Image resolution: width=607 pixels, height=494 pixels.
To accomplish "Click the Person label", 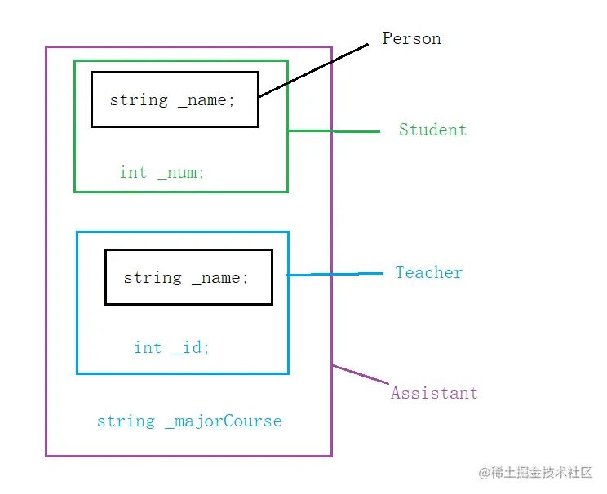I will click(412, 39).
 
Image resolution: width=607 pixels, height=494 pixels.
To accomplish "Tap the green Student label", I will click(432, 130).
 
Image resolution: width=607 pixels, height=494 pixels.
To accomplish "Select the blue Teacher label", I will click(428, 273).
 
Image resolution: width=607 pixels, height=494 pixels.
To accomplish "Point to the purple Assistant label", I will click(434, 393).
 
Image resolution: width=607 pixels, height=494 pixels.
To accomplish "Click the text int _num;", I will click(162, 173).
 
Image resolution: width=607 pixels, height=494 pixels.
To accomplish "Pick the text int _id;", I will click(171, 348).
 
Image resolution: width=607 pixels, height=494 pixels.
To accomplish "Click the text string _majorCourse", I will click(189, 421).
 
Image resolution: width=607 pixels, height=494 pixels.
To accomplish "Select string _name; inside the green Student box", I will click(172, 100).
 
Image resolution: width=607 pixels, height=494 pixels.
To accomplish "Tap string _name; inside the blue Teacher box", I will click(186, 278).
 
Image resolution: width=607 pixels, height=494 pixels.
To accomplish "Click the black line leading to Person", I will click(314, 71).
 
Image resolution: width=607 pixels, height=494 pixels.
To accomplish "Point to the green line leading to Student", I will click(335, 130).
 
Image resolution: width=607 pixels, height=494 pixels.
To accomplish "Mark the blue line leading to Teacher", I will click(335, 274).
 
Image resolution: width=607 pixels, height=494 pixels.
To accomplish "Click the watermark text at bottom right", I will click(535, 473).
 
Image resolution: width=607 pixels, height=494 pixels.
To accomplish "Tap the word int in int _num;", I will click(133, 173).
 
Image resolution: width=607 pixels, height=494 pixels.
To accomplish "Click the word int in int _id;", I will click(148, 348).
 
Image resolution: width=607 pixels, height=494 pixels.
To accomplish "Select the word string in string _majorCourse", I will click(126, 421).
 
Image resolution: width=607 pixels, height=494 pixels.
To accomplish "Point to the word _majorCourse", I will click(223, 421).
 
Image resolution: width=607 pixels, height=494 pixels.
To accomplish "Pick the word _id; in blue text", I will click(191, 348).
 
